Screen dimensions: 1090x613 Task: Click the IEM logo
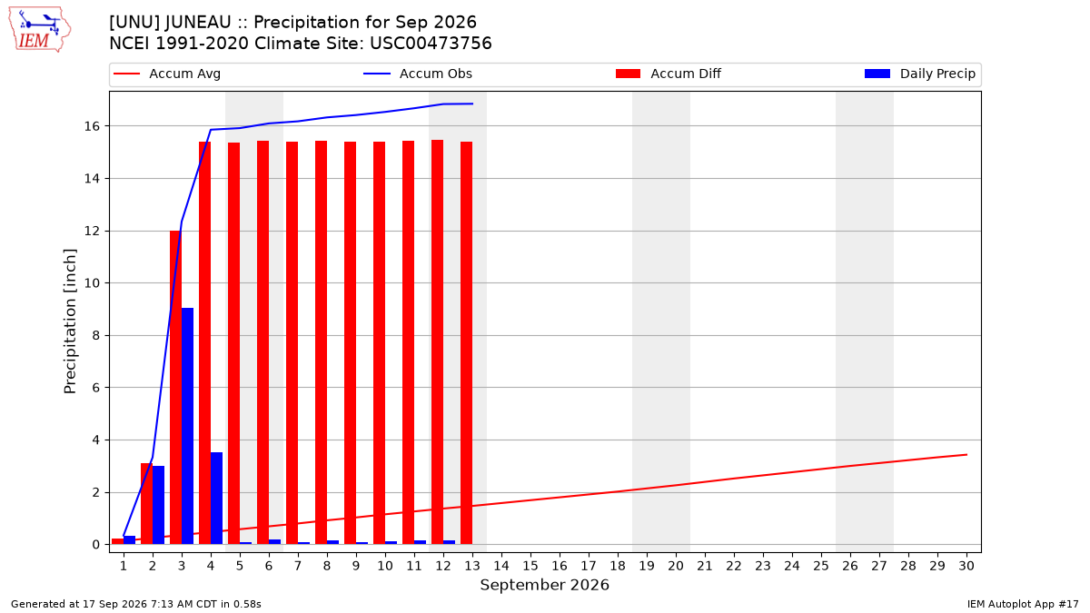[40, 30]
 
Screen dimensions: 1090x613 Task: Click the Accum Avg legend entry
[167, 74]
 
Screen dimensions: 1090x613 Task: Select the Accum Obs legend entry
[418, 74]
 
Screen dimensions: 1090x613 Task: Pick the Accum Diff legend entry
[669, 74]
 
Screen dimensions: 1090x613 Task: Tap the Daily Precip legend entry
[919, 74]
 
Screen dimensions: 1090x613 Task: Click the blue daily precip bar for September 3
[187, 426]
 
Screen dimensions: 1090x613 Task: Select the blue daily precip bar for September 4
[216, 499]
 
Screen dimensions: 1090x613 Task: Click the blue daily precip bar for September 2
[158, 505]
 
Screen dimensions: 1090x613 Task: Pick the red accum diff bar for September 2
[146, 503]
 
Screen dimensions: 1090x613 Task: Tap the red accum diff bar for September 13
[466, 343]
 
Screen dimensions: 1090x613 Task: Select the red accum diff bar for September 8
[322, 342]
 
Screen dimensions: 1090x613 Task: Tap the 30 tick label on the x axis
[966, 566]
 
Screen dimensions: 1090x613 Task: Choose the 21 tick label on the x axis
[705, 566]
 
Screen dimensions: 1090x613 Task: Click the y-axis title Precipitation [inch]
[70, 321]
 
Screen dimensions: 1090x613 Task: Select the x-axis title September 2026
[544, 585]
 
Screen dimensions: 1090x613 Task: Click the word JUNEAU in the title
[198, 23]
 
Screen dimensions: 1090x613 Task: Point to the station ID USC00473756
[431, 44]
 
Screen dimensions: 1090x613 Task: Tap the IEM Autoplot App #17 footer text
[1023, 604]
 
